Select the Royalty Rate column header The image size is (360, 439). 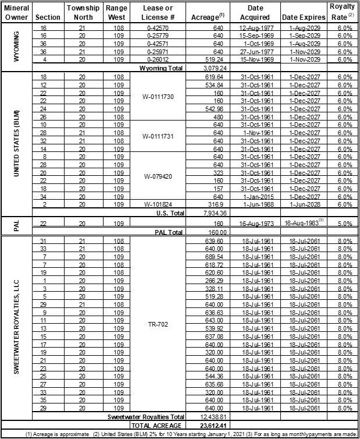pos(344,13)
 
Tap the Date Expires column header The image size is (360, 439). pos(304,18)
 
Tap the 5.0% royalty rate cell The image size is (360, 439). pos(344,224)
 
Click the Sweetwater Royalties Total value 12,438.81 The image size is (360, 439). pos(204,417)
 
